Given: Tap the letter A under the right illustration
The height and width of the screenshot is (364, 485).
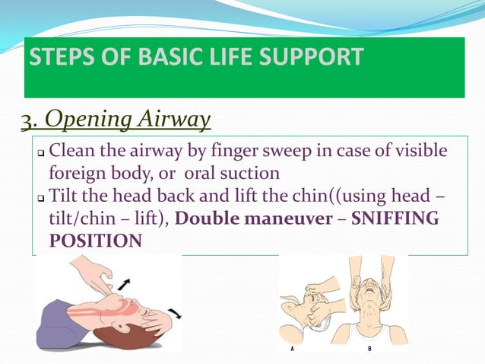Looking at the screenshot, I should (293, 351).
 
